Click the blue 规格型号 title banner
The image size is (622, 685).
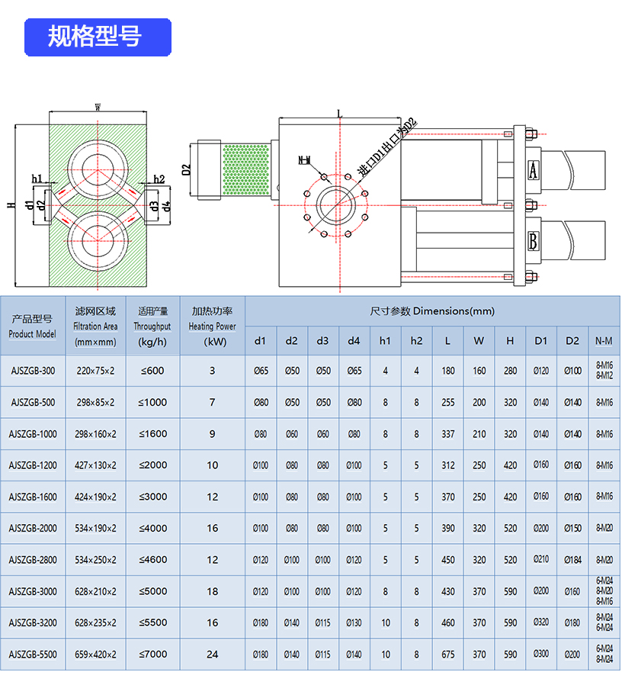click(98, 37)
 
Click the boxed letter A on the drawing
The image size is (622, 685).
click(534, 169)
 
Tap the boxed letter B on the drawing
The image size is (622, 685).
click(534, 242)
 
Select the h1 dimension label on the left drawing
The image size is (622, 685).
click(37, 178)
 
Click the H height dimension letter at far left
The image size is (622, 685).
click(10, 205)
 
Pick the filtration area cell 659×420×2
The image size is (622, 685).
click(95, 654)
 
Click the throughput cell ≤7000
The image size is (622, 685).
click(152, 654)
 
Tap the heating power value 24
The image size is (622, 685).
click(212, 654)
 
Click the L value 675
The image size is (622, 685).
click(447, 654)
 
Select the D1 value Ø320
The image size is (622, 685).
click(541, 623)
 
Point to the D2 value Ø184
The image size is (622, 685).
click(572, 560)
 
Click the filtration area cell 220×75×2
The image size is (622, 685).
click(95, 371)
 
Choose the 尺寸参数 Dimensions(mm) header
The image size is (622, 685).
click(432, 311)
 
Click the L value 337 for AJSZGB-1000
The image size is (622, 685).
click(447, 434)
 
